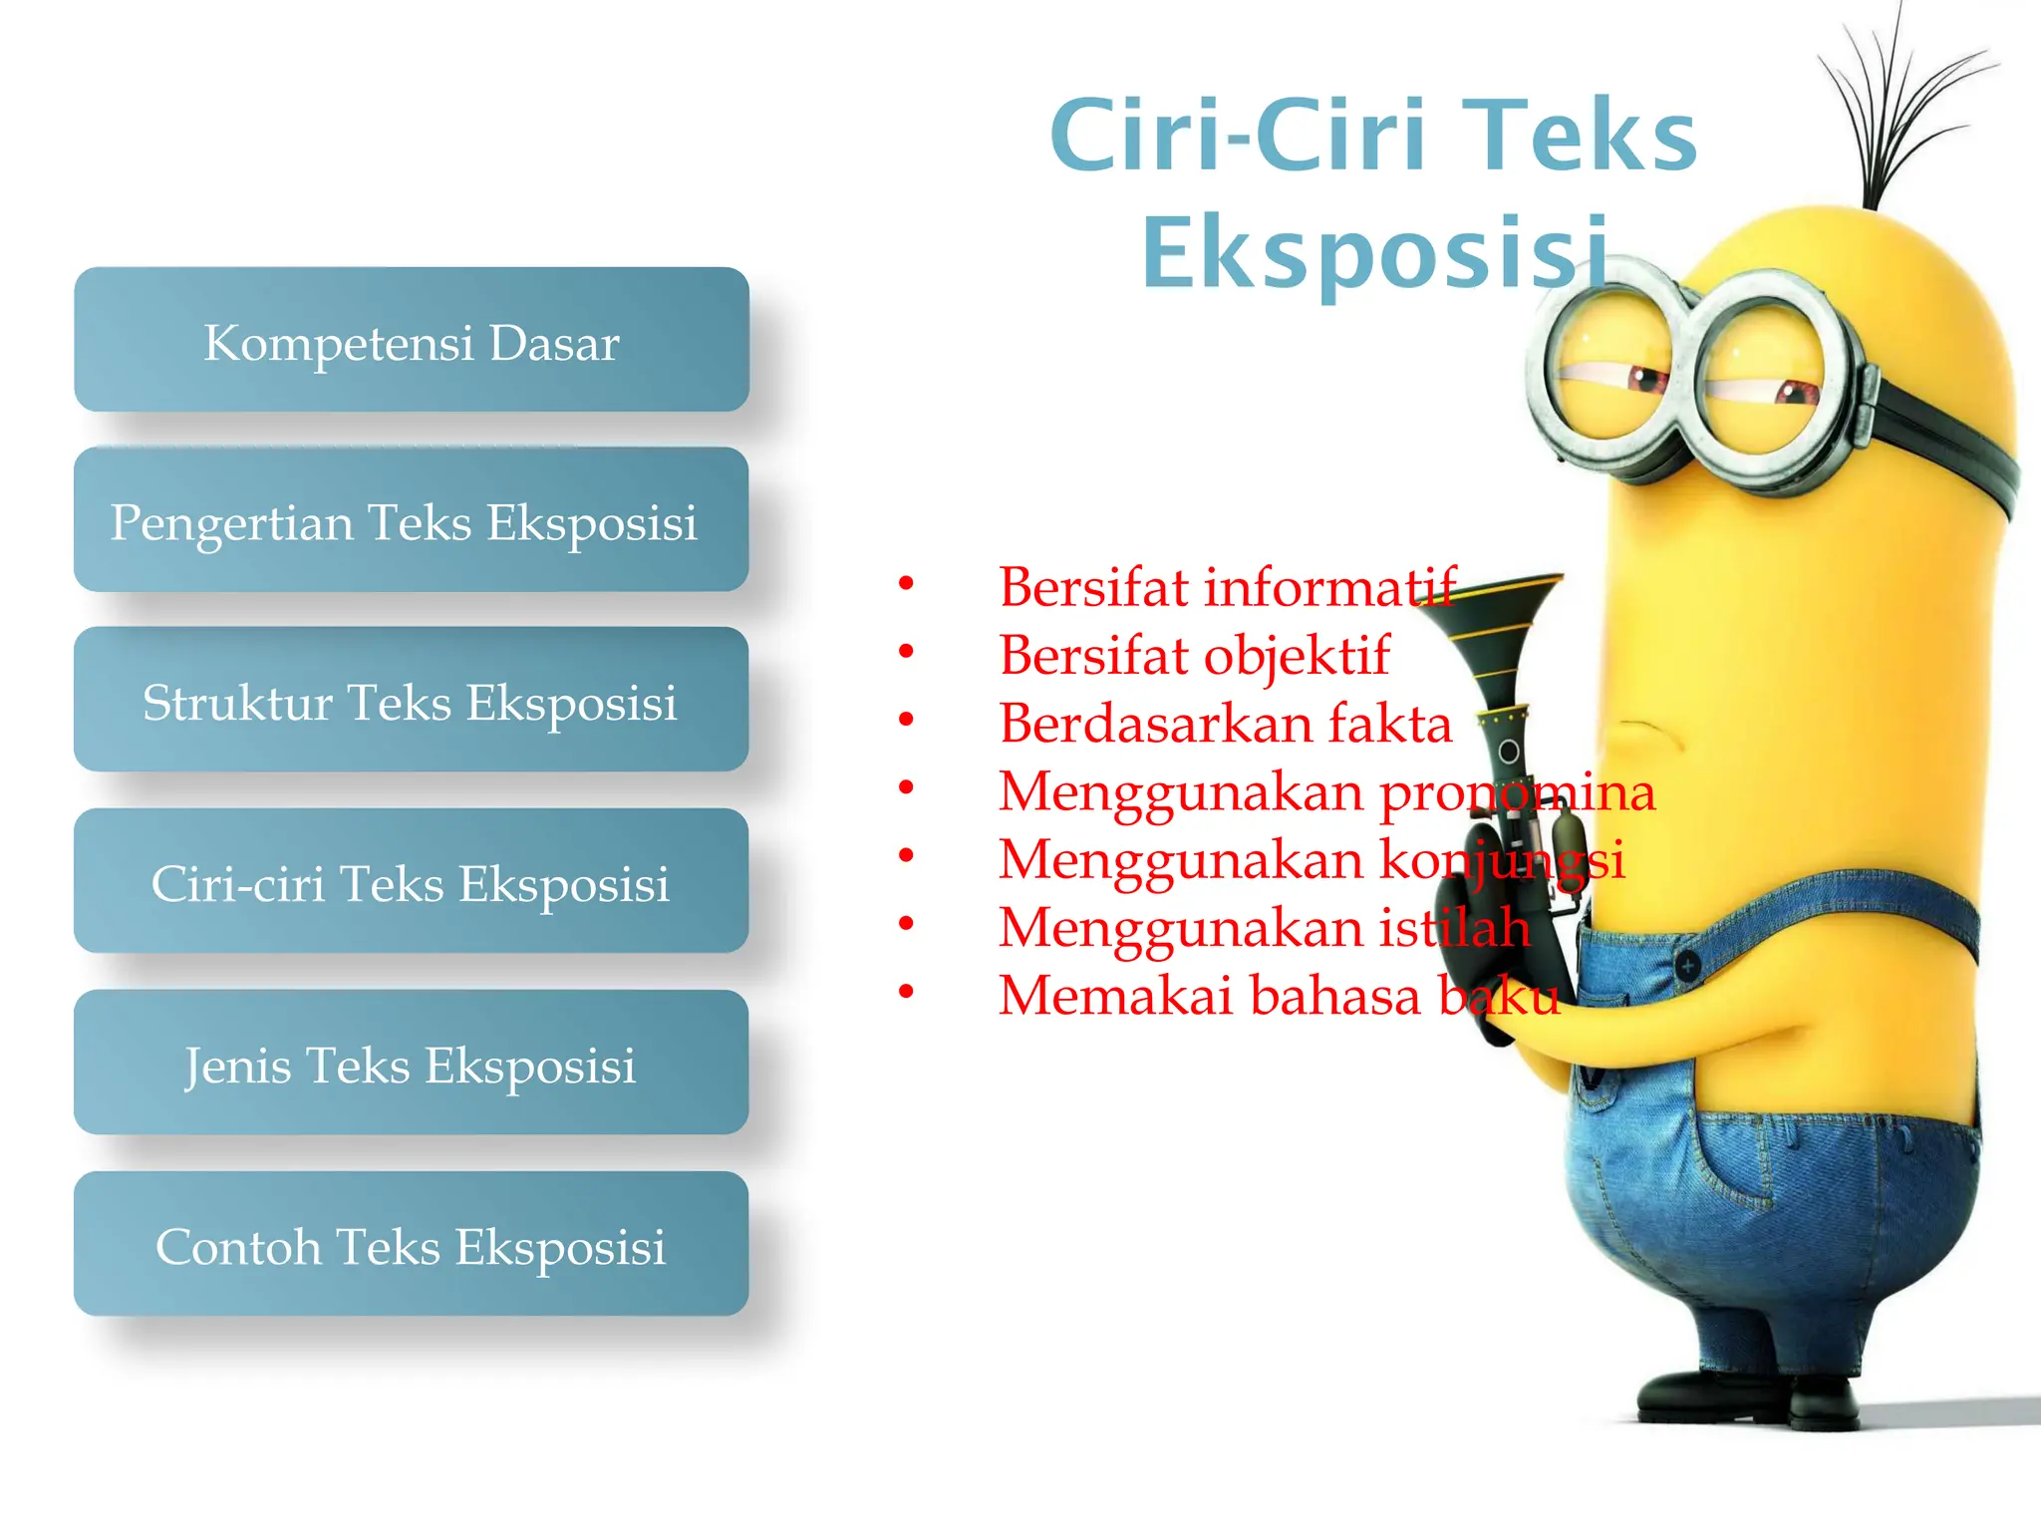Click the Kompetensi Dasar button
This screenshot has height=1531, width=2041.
pos(411,340)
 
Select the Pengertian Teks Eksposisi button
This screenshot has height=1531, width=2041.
pos(411,520)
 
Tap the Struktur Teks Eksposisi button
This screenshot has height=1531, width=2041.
pos(411,701)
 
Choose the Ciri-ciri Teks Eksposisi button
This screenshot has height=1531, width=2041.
pos(411,882)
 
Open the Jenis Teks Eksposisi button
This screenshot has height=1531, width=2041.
pos(411,1064)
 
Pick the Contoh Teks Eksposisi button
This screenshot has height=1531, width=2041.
pos(411,1245)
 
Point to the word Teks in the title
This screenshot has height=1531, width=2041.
pos(1585,135)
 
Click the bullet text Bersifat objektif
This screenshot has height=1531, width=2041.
pos(1194,656)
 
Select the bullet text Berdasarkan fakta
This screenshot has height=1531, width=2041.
pos(1226,724)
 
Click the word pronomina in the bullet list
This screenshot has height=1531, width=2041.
pos(1517,792)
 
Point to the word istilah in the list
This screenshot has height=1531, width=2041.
pos(1455,928)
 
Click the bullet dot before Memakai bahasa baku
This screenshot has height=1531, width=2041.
pos(906,992)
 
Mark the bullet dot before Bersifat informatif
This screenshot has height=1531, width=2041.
pos(906,583)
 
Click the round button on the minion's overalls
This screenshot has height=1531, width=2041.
pos(1688,966)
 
